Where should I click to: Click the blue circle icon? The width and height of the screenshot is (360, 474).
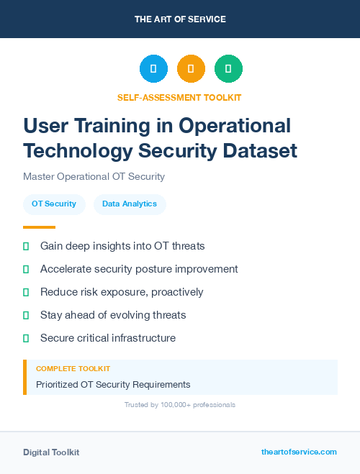click(153, 69)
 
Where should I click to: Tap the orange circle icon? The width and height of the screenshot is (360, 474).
click(191, 69)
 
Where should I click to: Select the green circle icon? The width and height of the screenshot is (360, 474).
click(228, 69)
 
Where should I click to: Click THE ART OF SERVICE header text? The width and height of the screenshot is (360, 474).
click(180, 19)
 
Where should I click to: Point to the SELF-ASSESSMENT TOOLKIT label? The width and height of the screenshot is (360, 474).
click(180, 97)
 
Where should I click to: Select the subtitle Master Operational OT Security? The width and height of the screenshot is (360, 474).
click(94, 176)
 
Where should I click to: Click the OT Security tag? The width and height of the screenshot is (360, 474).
click(54, 204)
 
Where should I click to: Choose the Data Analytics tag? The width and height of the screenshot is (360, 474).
click(130, 204)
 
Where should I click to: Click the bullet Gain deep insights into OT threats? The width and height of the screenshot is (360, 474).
click(122, 246)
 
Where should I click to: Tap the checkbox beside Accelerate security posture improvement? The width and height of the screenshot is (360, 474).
click(26, 269)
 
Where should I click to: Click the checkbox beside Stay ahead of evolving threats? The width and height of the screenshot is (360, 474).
click(26, 315)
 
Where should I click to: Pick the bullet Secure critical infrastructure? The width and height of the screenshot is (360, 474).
click(108, 338)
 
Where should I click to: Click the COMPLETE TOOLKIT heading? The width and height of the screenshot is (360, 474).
click(73, 368)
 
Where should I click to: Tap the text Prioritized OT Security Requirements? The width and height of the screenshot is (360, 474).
click(113, 385)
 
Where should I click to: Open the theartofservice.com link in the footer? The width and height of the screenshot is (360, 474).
click(299, 452)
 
